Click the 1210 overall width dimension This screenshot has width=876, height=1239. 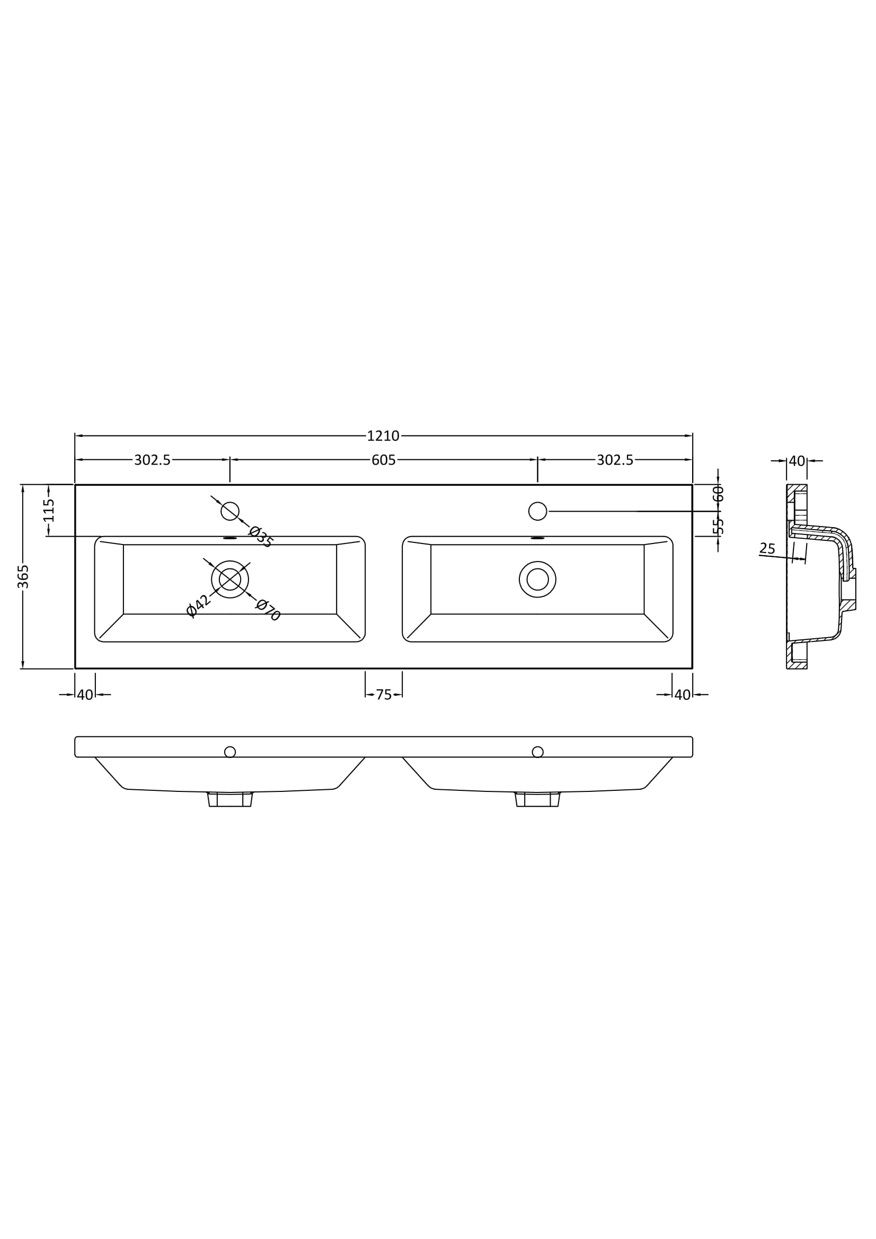pyautogui.click(x=383, y=435)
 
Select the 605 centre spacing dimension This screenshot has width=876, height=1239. pyautogui.click(x=383, y=460)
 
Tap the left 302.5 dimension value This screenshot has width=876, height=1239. pyautogui.click(x=152, y=460)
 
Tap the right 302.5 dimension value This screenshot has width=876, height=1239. pyautogui.click(x=615, y=460)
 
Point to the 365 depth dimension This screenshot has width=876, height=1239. pyautogui.click(x=23, y=576)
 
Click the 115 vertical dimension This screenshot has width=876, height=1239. pyautogui.click(x=49, y=510)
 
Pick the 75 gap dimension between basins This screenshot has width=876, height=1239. pyautogui.click(x=383, y=695)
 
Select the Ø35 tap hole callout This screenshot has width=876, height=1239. pyautogui.click(x=261, y=537)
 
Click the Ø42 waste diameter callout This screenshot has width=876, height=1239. pyautogui.click(x=198, y=605)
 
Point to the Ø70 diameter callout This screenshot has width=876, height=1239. pyautogui.click(x=268, y=610)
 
